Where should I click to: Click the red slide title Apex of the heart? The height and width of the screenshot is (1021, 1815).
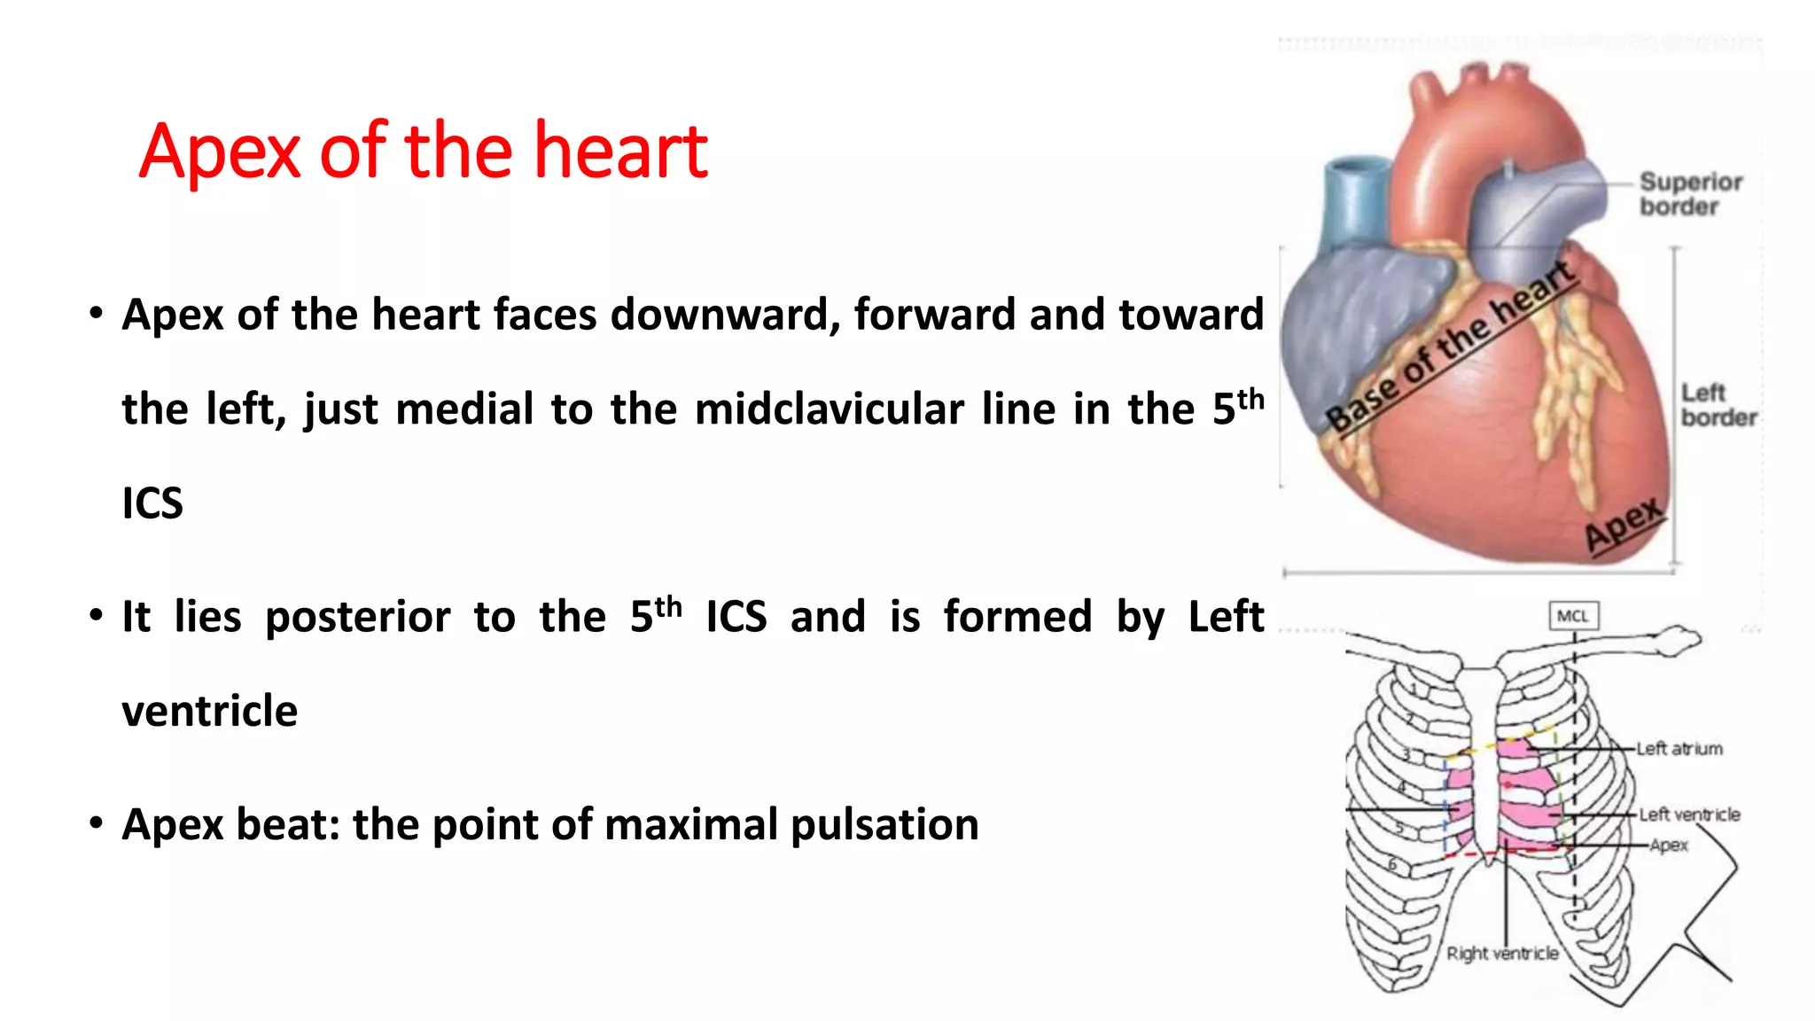click(423, 151)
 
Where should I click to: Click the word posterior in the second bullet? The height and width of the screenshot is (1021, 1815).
click(357, 617)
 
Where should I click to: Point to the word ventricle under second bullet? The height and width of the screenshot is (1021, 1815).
click(209, 712)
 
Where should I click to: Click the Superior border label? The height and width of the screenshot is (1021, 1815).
click(1689, 194)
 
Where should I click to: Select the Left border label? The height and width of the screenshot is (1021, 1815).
click(1718, 405)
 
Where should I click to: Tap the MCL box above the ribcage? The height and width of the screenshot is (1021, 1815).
click(1573, 616)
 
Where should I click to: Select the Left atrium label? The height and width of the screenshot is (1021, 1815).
click(1679, 749)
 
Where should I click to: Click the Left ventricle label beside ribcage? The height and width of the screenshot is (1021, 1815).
click(1688, 814)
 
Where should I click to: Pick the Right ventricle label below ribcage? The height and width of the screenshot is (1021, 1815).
click(1502, 954)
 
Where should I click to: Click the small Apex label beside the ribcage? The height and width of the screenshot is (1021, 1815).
click(1669, 846)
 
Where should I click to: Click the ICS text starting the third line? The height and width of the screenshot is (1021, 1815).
click(152, 504)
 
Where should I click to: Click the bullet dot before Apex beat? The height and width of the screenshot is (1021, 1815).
click(96, 823)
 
